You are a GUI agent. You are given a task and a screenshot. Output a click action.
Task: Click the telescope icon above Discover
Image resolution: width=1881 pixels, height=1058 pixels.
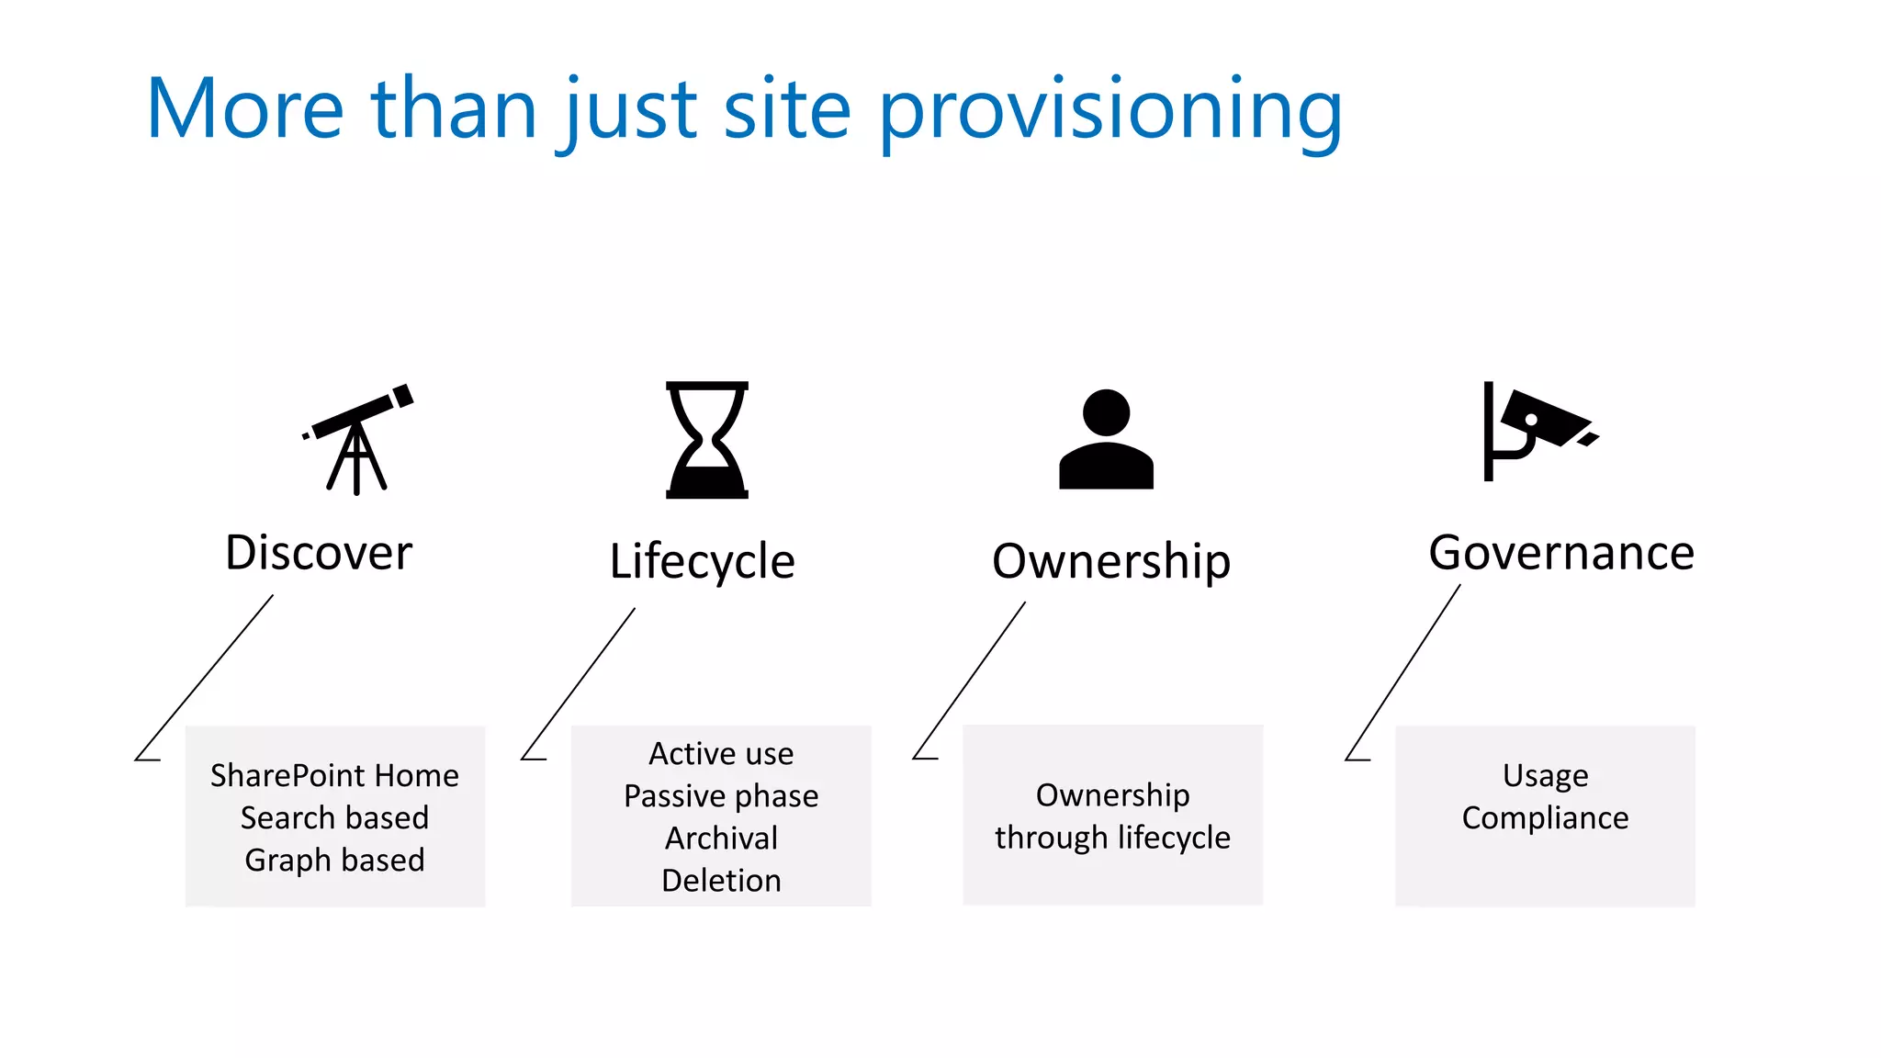coord(357,438)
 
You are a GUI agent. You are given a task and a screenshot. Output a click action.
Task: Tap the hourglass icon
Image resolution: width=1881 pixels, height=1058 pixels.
coord(706,440)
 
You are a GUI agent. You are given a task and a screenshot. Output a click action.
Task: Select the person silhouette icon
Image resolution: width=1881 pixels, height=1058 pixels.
coord(1106,440)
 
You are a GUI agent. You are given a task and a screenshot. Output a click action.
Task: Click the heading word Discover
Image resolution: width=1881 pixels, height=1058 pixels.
coord(319,553)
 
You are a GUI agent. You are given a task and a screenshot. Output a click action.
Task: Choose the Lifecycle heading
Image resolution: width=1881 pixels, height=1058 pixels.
coord(702,561)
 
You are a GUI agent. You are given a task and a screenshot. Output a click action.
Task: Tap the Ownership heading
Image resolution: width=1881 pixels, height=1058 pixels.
coord(1110,561)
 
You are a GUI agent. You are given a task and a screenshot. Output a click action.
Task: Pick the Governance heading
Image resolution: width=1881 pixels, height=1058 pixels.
coord(1560,553)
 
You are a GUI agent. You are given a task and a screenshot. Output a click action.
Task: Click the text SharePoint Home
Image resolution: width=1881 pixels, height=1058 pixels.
coord(334,775)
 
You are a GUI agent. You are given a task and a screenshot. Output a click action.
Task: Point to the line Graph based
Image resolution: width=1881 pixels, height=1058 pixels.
coord(334,860)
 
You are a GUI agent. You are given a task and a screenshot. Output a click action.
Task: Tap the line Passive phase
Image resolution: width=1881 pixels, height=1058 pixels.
coord(721,795)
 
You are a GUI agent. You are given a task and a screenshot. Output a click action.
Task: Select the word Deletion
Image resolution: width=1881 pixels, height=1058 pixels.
coord(721,880)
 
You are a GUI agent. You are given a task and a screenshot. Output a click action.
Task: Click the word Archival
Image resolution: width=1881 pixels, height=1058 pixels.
coord(721,838)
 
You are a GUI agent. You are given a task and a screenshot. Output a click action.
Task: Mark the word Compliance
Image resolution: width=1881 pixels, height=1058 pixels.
coord(1545,817)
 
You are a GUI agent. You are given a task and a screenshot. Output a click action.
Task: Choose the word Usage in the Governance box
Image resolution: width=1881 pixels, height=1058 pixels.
coord(1545,775)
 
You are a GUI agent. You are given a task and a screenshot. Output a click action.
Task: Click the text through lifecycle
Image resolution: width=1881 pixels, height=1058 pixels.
coord(1112,838)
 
